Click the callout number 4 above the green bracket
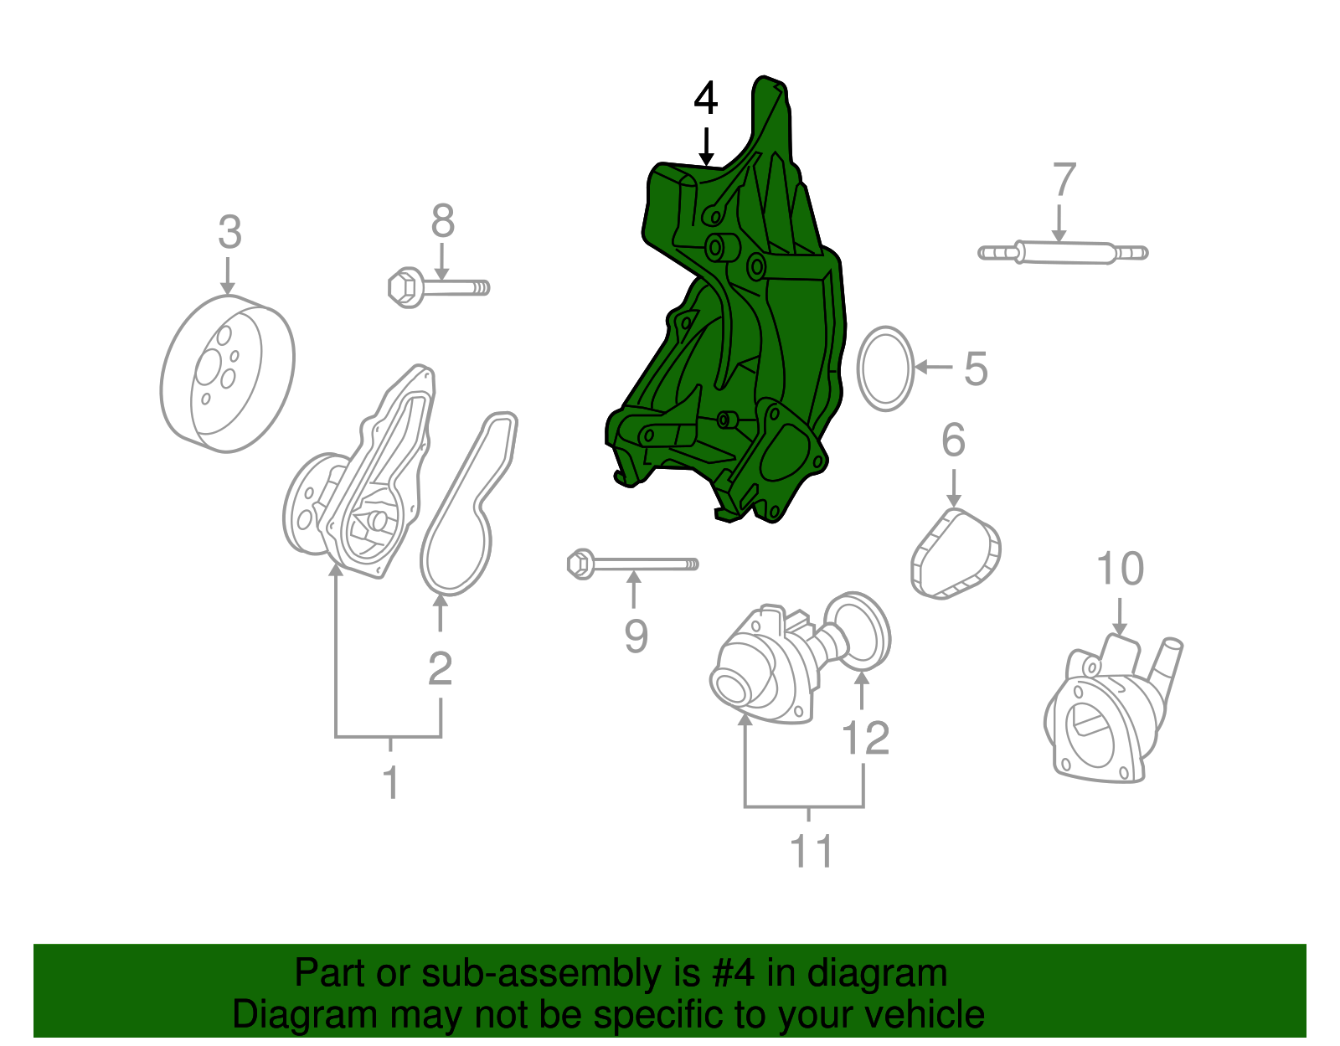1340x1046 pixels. tap(705, 99)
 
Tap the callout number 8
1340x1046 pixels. tap(442, 221)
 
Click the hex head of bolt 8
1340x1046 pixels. tap(406, 286)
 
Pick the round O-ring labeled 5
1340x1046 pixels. tap(885, 368)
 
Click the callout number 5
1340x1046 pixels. tap(976, 368)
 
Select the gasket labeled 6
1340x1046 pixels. tap(956, 554)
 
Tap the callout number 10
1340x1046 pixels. tap(1120, 569)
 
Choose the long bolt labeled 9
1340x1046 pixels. tap(634, 564)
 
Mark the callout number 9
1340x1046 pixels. tap(636, 636)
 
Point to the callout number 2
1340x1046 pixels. tap(440, 669)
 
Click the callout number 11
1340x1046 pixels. tap(811, 851)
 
